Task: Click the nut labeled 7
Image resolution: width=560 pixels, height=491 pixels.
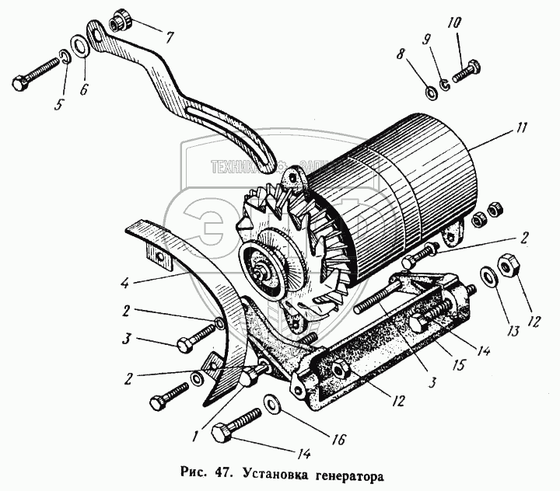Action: tap(121, 19)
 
